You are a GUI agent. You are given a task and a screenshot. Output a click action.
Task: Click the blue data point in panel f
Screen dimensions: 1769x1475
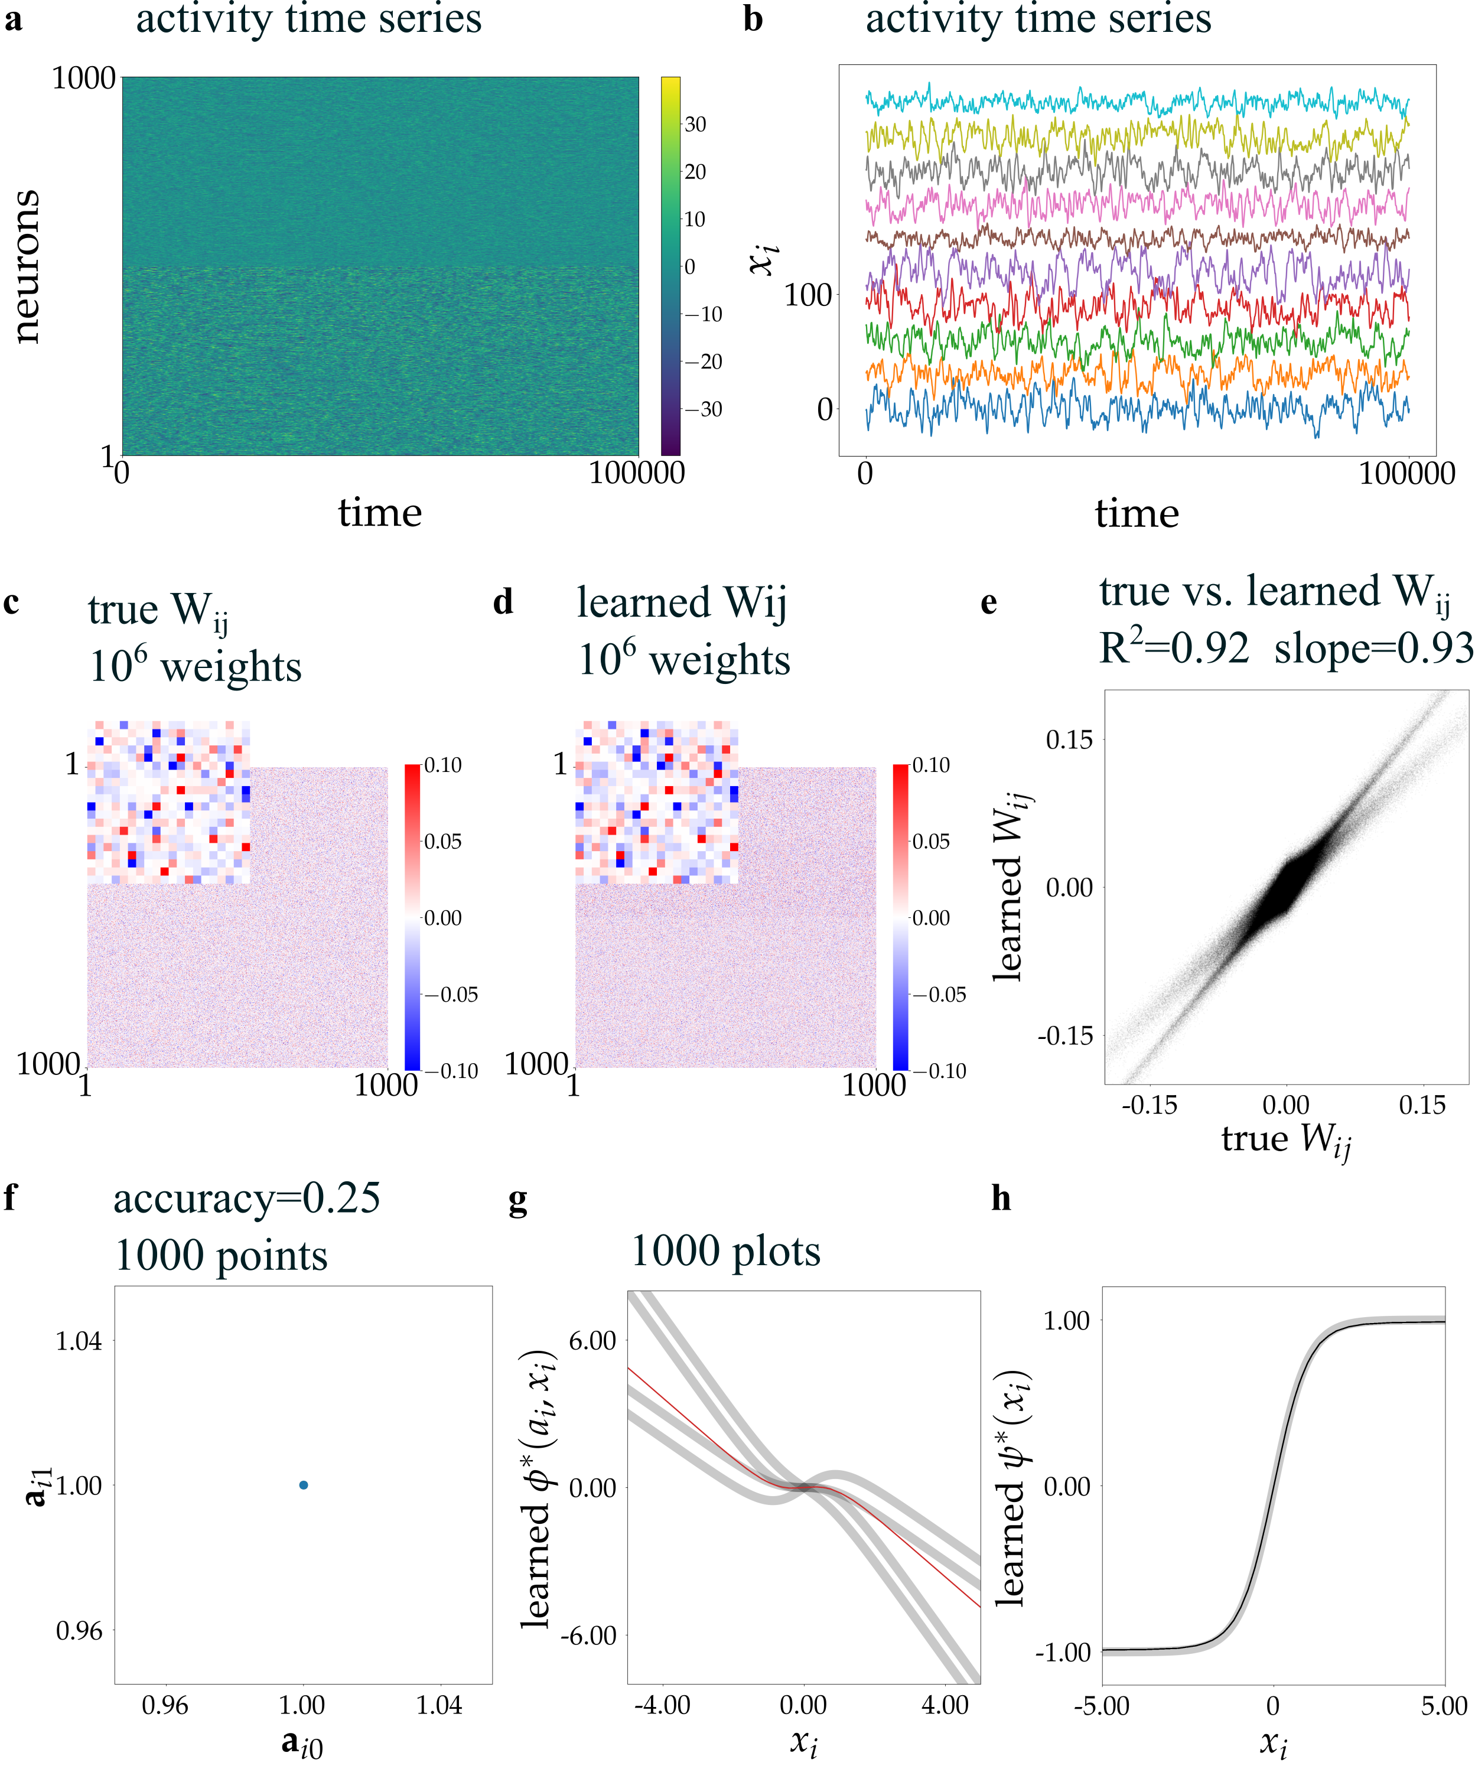(x=303, y=1485)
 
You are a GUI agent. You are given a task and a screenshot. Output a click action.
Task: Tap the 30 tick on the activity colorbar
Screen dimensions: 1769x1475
(x=695, y=125)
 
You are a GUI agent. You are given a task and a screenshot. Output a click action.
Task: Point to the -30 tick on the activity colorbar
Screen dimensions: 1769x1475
(x=702, y=409)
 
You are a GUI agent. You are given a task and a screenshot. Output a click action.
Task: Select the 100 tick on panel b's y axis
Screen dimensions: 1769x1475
(x=808, y=296)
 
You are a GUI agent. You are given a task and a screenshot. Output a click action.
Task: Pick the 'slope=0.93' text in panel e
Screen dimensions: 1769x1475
(x=1373, y=649)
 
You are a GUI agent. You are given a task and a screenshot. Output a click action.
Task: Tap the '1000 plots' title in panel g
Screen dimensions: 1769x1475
(x=725, y=1252)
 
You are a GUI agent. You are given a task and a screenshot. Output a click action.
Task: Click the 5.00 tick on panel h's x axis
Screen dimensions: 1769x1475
(x=1444, y=1706)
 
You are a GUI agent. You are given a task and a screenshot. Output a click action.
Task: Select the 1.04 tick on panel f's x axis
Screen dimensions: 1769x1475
(x=439, y=1706)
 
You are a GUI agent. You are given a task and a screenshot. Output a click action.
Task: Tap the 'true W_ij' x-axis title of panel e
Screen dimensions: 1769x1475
(x=1285, y=1140)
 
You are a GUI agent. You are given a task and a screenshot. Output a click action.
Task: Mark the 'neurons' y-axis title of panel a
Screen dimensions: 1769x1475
(x=27, y=266)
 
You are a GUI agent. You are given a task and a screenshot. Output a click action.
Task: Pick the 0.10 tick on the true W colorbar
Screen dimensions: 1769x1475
(x=442, y=765)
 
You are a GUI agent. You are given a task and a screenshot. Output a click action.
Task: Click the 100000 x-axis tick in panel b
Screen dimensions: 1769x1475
(x=1406, y=474)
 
